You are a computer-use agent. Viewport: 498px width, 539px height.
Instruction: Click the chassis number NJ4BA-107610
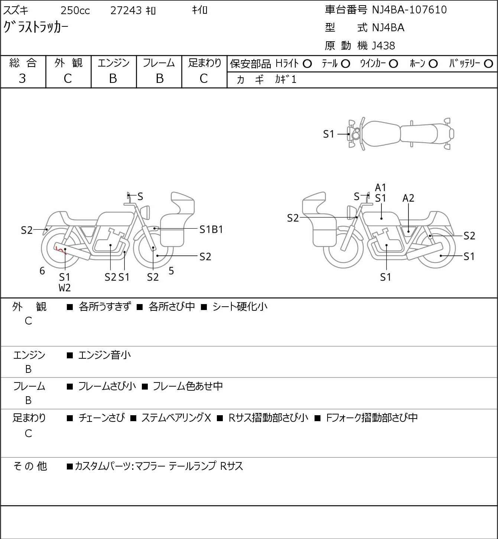(409, 10)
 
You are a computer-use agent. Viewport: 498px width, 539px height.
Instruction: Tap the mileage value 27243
(126, 10)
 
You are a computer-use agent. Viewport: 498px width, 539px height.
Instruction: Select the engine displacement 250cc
(75, 10)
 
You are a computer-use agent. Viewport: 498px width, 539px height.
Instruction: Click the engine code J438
(383, 46)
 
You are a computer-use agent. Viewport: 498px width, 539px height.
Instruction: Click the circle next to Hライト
(307, 64)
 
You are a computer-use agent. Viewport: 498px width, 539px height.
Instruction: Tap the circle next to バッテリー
(489, 64)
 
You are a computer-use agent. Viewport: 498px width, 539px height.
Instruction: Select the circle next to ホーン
(433, 64)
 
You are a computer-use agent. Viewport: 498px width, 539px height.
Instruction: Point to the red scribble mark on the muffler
(60, 248)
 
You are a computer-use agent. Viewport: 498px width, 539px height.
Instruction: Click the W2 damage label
(65, 288)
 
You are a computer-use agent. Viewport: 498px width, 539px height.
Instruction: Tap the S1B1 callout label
(211, 230)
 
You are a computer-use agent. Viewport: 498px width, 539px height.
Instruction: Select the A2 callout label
(408, 199)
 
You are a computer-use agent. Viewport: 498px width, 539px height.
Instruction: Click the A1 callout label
(381, 188)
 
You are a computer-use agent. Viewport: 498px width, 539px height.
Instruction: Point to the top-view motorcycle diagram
(400, 134)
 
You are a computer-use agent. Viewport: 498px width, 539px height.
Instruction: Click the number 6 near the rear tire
(42, 271)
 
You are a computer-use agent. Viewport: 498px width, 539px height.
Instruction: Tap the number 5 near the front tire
(171, 271)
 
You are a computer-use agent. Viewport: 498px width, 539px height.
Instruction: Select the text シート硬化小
(240, 307)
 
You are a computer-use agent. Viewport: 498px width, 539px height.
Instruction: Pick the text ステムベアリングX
(176, 418)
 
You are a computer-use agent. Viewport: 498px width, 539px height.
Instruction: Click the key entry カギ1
(286, 80)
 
